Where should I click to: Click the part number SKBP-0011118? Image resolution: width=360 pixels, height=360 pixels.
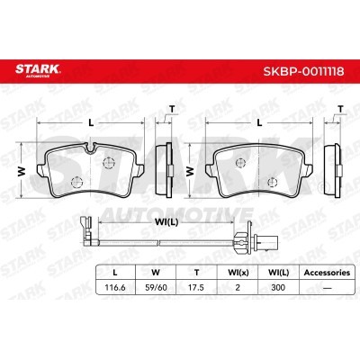click(304, 72)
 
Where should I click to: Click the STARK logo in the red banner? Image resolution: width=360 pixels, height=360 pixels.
click(38, 70)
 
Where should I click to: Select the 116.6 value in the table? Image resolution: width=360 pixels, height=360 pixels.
click(115, 287)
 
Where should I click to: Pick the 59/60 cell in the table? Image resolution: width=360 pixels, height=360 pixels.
click(156, 287)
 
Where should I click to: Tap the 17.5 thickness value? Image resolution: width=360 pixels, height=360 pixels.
click(196, 287)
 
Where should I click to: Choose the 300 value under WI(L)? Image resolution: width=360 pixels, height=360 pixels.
click(278, 287)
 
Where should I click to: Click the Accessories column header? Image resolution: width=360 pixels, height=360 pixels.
click(327, 273)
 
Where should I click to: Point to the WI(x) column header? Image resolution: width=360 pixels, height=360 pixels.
click(238, 273)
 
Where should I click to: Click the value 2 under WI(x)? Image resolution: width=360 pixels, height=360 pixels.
click(238, 287)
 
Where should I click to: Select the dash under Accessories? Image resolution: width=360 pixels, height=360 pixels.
click(327, 288)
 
